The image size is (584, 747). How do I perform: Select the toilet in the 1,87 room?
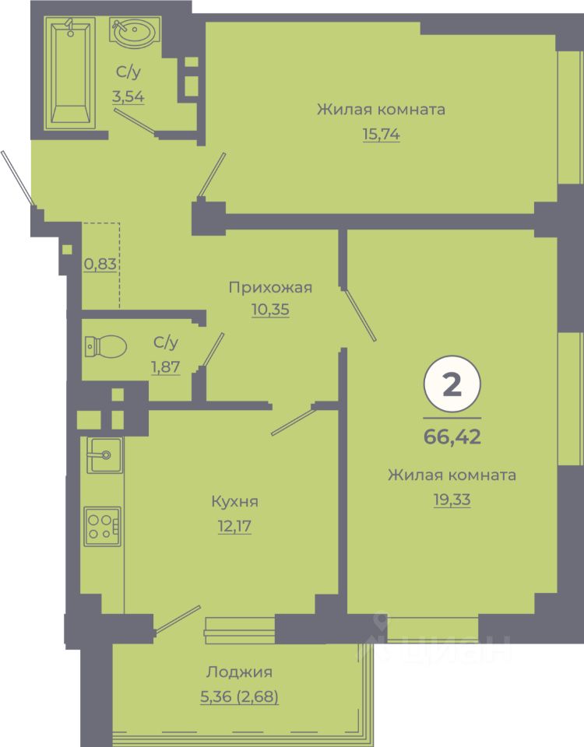point(105,346)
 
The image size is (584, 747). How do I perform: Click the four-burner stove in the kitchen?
point(103,526)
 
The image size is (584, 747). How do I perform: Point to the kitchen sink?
point(104,455)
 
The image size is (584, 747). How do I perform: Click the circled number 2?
point(452,384)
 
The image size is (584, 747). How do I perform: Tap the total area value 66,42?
point(452,436)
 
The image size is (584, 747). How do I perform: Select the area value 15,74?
point(382,135)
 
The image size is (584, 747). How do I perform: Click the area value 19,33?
point(452,500)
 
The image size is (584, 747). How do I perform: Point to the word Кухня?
point(235,502)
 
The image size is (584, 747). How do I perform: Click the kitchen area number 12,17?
point(234,527)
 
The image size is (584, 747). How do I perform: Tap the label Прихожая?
point(270,287)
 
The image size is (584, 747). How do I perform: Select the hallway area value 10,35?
point(270,310)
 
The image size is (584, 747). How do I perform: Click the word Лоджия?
point(239,672)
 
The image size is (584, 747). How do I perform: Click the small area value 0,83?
point(100,264)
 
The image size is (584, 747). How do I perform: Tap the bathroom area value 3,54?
point(128,96)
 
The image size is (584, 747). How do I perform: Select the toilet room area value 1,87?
point(165,366)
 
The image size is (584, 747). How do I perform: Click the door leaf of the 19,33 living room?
point(360,314)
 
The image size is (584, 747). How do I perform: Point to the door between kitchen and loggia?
point(178,620)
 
